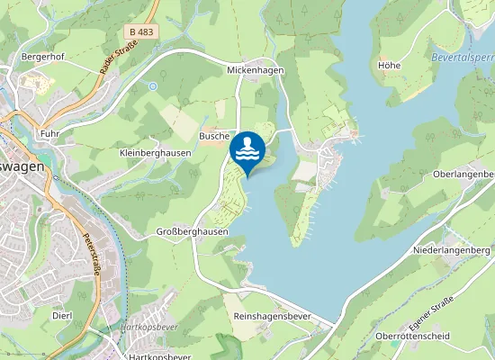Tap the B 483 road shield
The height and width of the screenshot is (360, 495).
139,31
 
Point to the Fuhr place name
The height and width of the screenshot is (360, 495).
49,133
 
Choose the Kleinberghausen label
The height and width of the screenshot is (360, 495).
155,153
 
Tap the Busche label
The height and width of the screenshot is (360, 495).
214,135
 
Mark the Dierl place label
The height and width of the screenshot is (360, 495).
62,316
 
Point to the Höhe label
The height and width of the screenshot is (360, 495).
389,66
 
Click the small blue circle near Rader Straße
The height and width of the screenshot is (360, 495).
154,86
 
